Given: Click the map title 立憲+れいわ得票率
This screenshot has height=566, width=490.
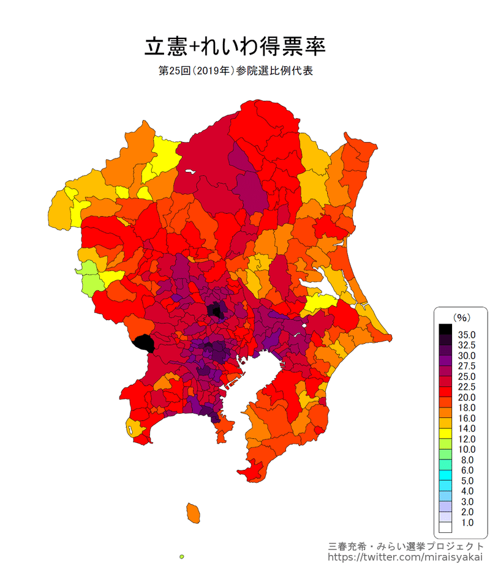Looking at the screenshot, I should point(235,46).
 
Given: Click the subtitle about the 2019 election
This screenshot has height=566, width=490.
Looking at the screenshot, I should point(236,71).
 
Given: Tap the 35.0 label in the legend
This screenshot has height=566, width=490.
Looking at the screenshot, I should point(466,335).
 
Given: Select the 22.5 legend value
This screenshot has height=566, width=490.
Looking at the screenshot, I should point(466,387).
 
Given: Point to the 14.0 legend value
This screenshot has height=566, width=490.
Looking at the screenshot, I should point(466,428).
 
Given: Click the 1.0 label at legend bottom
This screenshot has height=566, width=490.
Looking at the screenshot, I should point(466,522).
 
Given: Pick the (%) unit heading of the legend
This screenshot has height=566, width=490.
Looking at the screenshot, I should point(461,317).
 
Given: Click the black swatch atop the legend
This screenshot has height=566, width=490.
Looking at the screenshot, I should point(445,329).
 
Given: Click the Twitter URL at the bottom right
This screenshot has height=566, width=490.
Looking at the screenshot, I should point(405,557).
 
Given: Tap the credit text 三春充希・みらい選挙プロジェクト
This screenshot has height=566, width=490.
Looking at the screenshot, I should point(405,546).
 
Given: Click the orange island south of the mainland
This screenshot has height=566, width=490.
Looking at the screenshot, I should point(194,512).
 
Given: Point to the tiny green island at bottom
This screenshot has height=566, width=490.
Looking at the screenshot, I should point(182,556).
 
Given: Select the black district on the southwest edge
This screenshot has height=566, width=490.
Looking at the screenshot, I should point(143,343).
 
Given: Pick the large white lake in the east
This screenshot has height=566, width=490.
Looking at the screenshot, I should point(333,283).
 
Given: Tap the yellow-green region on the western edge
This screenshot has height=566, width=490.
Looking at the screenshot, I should point(90,277).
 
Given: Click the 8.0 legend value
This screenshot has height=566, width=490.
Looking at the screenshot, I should point(466,460).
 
